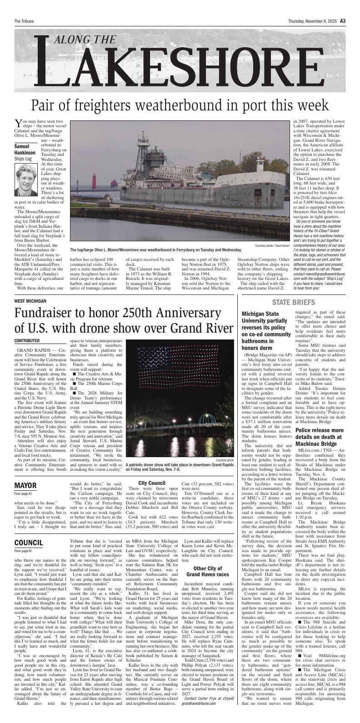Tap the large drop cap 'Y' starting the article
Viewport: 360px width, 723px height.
coord(19,123)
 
